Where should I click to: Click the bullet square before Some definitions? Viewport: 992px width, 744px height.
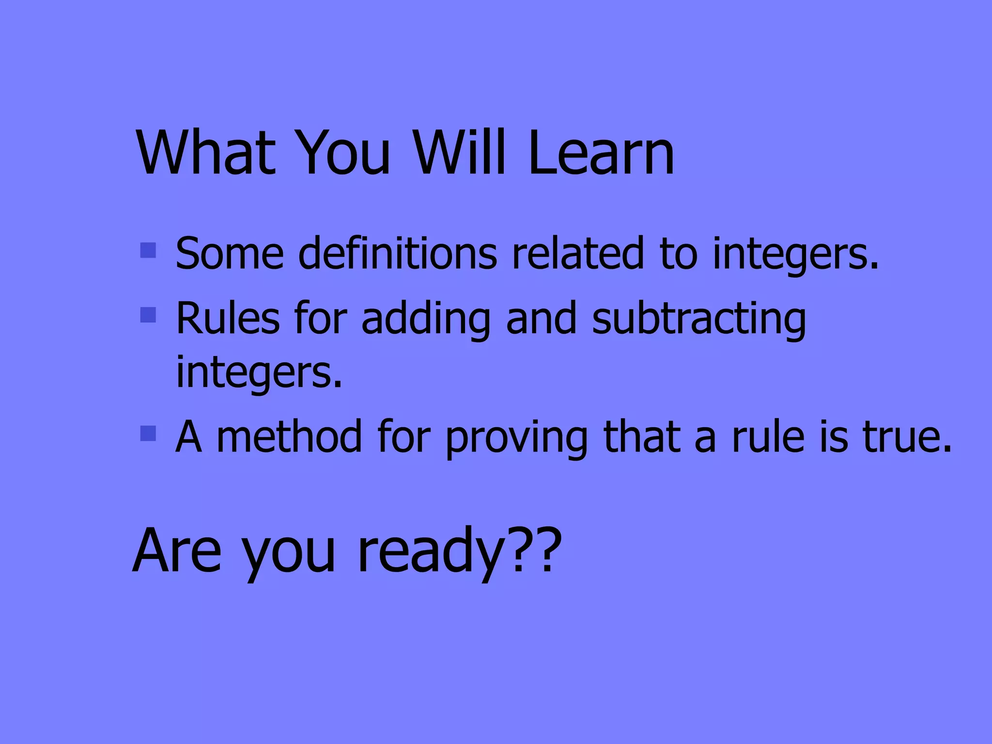coord(148,250)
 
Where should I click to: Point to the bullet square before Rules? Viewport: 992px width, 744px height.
coord(148,315)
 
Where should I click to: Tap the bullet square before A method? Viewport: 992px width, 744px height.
coord(148,434)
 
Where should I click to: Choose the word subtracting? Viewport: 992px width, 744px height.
coord(698,320)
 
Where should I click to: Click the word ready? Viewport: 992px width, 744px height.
coord(431,552)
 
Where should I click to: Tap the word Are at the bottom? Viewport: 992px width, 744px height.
coord(177,550)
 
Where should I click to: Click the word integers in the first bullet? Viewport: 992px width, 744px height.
coord(795,255)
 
